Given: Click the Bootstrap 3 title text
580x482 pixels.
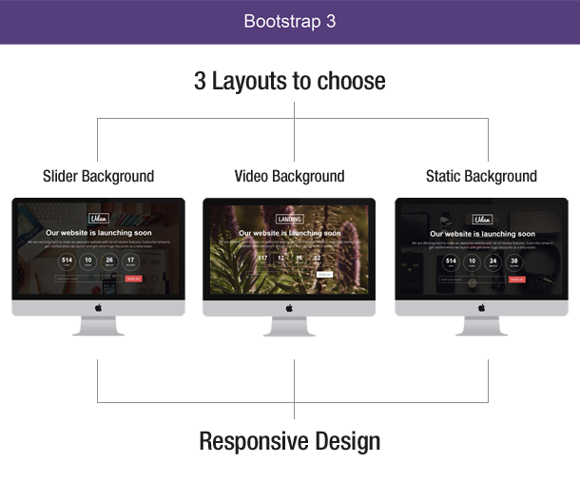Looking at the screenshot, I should [x=289, y=21].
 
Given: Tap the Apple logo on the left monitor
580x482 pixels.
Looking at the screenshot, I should [x=98, y=307].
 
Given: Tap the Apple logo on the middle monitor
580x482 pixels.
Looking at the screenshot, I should [x=289, y=307].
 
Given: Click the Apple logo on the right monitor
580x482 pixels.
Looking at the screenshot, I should [x=481, y=307].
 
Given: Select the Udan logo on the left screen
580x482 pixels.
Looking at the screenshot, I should [x=98, y=219].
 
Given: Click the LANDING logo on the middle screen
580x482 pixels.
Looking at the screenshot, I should [x=289, y=219].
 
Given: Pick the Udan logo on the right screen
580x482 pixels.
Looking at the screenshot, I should [x=481, y=219].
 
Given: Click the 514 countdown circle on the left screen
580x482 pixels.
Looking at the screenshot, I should [x=67, y=261].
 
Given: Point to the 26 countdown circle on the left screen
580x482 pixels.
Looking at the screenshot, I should [x=109, y=261].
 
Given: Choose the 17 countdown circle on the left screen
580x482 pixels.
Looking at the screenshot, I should [x=131, y=261].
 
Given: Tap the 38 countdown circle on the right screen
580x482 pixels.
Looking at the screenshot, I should [x=514, y=261].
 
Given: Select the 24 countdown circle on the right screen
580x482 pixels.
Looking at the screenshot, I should [x=493, y=261].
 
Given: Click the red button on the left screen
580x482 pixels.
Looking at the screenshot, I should [x=133, y=279].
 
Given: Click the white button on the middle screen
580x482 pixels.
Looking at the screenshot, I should [x=324, y=274].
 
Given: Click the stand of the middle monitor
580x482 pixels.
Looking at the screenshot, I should [x=289, y=326].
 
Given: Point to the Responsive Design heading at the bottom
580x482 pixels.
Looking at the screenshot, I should [x=289, y=442].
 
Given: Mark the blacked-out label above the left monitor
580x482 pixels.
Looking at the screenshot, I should [x=98, y=177].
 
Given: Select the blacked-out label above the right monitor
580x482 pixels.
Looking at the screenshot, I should [x=481, y=177].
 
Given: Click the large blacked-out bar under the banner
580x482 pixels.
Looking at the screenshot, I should [x=289, y=82].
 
